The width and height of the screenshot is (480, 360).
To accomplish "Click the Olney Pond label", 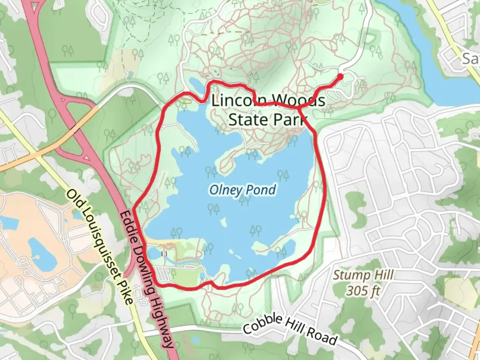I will (242, 190).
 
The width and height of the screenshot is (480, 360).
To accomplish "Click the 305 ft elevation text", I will (363, 291).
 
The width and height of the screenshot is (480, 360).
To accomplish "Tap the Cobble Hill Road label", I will (290, 330).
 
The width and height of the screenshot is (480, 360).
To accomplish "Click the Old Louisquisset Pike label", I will (100, 247).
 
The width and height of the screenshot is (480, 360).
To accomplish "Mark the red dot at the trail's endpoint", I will (340, 77).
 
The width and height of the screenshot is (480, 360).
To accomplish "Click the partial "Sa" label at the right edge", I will (471, 59).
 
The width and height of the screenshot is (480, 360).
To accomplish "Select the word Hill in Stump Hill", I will (382, 275).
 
